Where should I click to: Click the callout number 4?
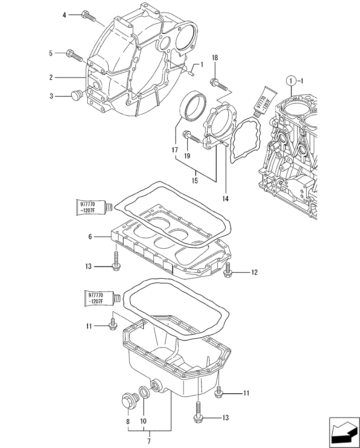point(64,15)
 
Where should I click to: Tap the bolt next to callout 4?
point(89,17)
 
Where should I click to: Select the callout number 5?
point(51,53)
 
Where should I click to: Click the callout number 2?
point(51,78)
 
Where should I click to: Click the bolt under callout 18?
point(219,83)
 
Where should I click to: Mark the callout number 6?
point(90,236)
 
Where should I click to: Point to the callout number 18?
point(214,58)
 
